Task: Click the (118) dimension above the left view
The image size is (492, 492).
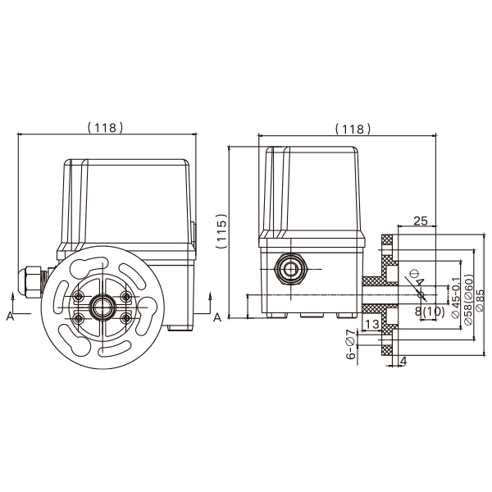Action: [x=105, y=127]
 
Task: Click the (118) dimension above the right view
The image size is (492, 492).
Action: [x=353, y=129]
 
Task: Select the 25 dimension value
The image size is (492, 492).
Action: [x=420, y=221]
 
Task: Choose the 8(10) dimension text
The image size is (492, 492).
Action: [x=429, y=312]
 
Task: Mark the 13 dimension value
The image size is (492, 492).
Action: [x=371, y=326]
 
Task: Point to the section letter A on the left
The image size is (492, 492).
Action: [x=10, y=316]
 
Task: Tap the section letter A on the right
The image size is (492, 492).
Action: [x=216, y=317]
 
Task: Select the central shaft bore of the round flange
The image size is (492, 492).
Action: [x=102, y=307]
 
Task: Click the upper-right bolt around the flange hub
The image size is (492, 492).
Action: [x=125, y=296]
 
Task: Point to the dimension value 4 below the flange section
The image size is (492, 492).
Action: [x=403, y=360]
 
